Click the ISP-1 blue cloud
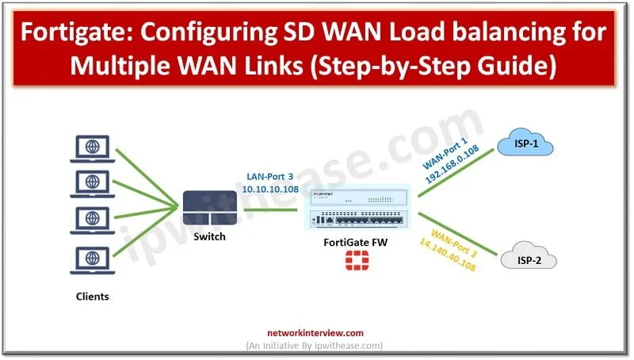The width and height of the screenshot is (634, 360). pos(525,142)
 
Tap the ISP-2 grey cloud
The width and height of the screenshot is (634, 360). pos(529,255)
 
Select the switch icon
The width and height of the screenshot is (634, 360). pos(209,208)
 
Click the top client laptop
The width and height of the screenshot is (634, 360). pos(93,148)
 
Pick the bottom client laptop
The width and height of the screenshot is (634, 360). pos(93,260)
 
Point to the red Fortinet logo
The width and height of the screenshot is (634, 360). pos(357,260)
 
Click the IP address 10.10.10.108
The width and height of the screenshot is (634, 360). pos(270,189)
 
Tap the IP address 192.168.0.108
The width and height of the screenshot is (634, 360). pos(453,164)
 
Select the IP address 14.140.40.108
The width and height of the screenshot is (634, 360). pos(448,255)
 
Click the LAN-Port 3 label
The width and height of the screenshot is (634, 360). pos(269,177)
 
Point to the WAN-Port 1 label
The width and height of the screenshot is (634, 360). pos(445,153)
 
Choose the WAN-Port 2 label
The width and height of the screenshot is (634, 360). pos(454,243)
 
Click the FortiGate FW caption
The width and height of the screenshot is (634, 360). pos(355,243)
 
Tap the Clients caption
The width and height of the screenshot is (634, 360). pos(92,297)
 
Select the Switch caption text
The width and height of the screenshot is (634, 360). pos(209,236)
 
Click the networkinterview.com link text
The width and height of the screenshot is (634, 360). pos(315,333)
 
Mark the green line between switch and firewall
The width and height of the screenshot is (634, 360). pos(270,209)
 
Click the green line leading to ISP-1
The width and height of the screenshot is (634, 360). pos(456,173)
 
